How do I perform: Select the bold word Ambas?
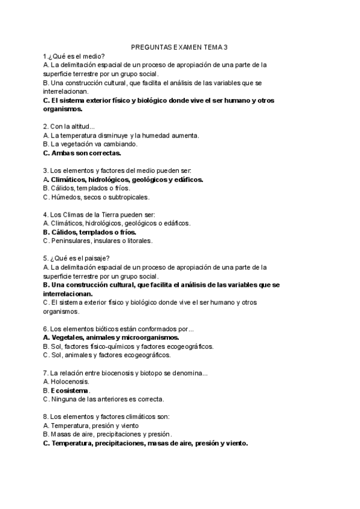pos(63,152)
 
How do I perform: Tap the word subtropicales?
pos(128,197)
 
